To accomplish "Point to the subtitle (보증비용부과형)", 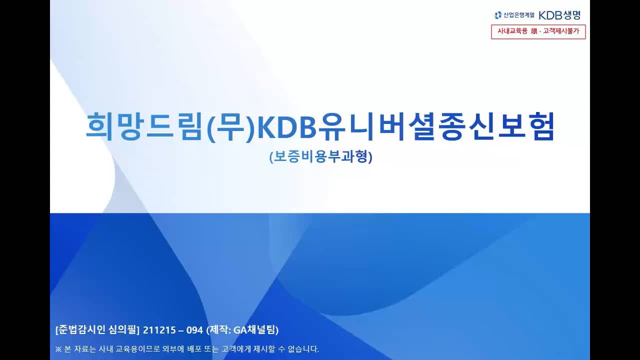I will coord(320,157).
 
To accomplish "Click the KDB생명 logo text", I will coord(559,15).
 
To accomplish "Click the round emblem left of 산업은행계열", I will coord(497,15).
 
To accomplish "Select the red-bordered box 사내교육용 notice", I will coord(538,31).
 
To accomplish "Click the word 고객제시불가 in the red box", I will coord(563,31).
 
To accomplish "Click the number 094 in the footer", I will coord(192,330).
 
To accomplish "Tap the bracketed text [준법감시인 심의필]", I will coord(97,330).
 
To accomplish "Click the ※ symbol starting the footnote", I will coord(58,349).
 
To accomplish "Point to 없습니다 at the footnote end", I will coord(302,349).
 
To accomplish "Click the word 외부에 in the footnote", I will coord(173,349).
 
